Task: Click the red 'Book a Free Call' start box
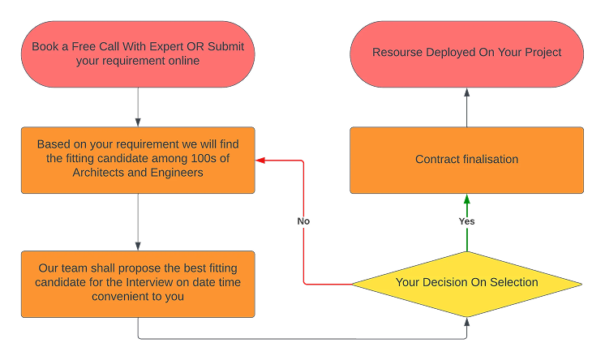click(138, 54)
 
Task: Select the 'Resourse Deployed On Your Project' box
click(466, 54)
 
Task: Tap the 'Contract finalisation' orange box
click(466, 160)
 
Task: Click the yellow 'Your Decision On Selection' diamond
click(466, 283)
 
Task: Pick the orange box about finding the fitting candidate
click(138, 160)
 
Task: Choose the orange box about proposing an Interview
click(138, 283)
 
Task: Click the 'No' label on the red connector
click(303, 221)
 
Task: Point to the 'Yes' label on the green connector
click(466, 221)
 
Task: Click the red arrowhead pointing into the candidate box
click(260, 161)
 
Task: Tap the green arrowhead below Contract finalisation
click(466, 199)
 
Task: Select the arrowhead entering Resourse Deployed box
click(466, 92)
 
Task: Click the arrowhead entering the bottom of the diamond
click(466, 322)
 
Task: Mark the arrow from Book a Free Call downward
click(138, 105)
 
